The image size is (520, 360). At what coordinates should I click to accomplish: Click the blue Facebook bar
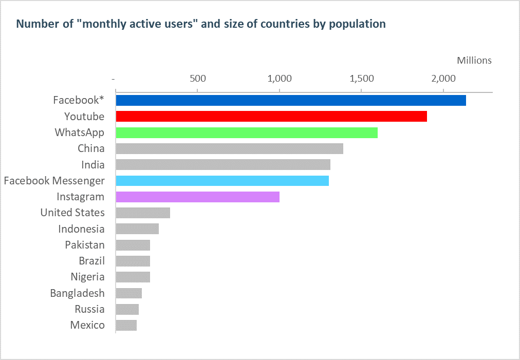coord(291,101)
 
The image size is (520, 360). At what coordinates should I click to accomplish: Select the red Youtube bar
coord(271,117)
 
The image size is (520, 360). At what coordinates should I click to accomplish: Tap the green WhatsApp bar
coord(247,132)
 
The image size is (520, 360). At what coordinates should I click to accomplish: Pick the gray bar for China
coord(230,148)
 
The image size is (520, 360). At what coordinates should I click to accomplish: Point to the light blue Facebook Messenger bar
coord(222,181)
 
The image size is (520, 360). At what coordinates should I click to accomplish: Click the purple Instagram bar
coord(198,197)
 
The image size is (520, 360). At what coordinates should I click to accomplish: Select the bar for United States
coord(143,213)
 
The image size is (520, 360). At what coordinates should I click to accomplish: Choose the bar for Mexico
coord(126,325)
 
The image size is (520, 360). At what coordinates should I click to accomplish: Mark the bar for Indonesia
coord(137,229)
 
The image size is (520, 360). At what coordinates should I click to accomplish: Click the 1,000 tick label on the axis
coord(280,79)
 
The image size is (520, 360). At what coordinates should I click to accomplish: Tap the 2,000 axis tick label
coord(443,79)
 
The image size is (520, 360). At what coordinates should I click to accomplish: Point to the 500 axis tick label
coord(198,79)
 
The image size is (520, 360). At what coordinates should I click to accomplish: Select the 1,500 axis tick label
coord(362,79)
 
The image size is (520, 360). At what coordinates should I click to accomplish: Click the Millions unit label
coord(474,61)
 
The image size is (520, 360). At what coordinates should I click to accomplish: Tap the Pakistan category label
coord(85,245)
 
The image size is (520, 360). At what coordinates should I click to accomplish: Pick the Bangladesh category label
coord(78,293)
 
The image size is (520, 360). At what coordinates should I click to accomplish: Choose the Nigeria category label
coord(88,277)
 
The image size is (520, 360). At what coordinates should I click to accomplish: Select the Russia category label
coord(89,309)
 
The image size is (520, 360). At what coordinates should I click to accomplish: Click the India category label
coord(93,165)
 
